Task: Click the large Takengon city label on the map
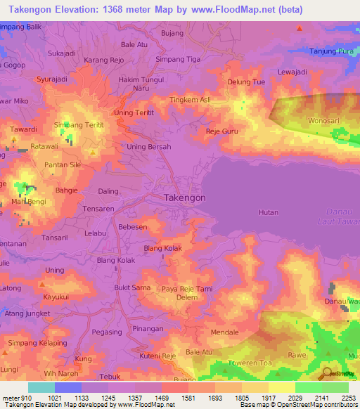(x=185, y=198)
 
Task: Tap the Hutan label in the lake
(x=269, y=212)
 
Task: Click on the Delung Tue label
(x=246, y=82)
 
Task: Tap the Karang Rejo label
(x=104, y=60)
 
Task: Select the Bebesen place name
(x=133, y=228)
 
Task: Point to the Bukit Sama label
(x=132, y=288)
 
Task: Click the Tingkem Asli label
(x=191, y=100)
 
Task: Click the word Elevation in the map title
(x=82, y=7)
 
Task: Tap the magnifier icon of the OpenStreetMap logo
(x=324, y=373)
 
